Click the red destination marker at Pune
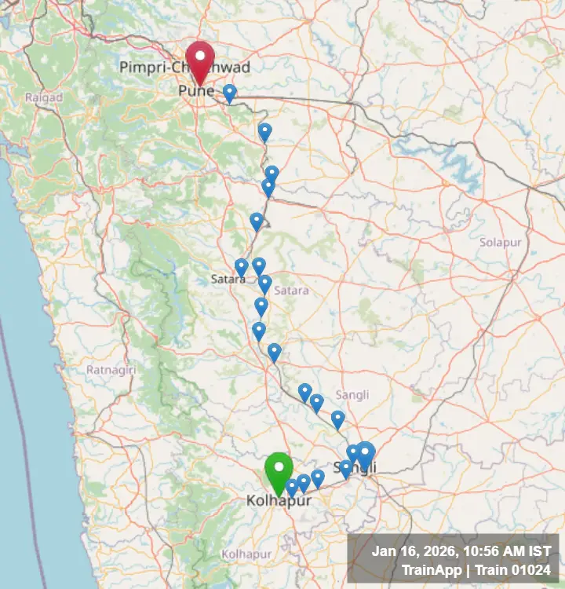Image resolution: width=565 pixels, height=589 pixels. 200,60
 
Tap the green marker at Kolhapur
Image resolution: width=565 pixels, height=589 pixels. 279,472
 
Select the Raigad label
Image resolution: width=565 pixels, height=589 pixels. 38,97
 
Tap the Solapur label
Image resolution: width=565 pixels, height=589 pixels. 501,243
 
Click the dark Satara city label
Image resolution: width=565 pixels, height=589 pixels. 228,279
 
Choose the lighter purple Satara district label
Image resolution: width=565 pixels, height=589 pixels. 292,290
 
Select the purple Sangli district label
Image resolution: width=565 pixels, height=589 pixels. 352,394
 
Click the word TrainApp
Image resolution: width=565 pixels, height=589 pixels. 430,570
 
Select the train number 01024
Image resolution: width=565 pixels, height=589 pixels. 529,570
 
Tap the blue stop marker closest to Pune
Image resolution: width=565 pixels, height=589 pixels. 229,93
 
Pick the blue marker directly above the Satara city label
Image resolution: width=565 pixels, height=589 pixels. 242,268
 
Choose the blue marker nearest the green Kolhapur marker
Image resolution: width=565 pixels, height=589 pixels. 292,488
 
